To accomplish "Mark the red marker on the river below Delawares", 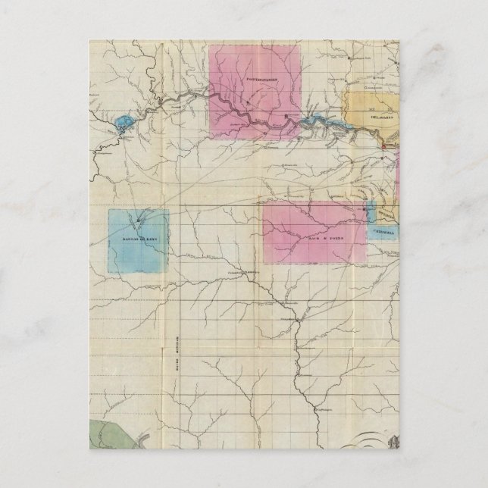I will click(x=384, y=146).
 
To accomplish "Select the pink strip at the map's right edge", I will click(x=397, y=174).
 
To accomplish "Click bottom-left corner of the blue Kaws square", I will click(x=108, y=274).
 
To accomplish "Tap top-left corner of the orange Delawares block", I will click(x=348, y=93).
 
